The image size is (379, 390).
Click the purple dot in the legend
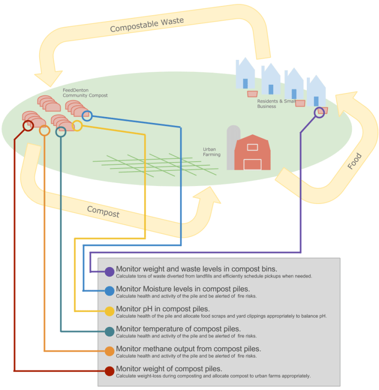109,272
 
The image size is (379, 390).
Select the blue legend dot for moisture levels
109,291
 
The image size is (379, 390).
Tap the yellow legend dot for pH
109,311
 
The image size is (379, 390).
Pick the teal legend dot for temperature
109,332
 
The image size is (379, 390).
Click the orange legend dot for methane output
109,351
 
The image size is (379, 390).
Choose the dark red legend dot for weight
109,371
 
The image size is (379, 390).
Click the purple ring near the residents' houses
319,112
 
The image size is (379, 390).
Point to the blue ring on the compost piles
87,115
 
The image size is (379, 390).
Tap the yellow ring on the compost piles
77,126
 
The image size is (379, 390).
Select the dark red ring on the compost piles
28,126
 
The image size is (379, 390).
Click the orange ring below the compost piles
45,131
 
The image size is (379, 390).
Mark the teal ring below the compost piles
61,132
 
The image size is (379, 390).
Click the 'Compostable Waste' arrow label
147,25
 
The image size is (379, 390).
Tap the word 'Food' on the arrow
355,161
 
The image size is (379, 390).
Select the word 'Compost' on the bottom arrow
103,211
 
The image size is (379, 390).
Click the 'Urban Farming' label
212,152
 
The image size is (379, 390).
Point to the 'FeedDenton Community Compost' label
85,93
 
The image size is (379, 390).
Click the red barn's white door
252,164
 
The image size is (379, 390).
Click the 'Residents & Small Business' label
276,104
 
